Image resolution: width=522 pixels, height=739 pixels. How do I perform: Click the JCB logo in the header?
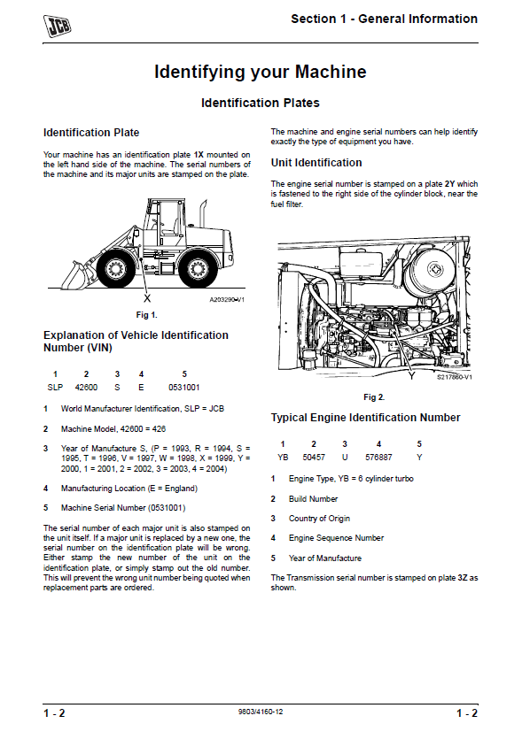(57, 26)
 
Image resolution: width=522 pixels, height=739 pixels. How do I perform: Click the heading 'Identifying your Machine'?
(260, 72)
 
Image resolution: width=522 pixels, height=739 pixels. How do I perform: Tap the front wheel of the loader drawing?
(114, 270)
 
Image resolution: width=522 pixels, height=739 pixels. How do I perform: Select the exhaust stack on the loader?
(203, 213)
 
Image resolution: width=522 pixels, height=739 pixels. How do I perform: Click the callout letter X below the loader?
(147, 298)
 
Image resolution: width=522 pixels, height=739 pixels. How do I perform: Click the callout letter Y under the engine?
(411, 376)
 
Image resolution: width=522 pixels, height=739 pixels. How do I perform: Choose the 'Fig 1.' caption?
(147, 315)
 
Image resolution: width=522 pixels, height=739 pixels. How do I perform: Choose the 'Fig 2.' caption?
(374, 397)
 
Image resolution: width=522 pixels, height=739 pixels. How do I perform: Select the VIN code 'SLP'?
(55, 388)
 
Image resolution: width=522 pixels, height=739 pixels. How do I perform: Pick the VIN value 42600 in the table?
(86, 388)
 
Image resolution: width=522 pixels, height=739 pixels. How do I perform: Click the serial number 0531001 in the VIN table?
(184, 388)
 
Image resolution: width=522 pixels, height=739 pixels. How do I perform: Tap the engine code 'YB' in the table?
(283, 458)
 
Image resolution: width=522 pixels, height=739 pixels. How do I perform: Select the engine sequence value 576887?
(378, 458)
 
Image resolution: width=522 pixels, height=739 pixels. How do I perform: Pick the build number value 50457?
(314, 458)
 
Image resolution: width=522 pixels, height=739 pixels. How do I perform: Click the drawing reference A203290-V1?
(227, 299)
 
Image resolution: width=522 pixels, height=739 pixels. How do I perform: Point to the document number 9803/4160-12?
(261, 712)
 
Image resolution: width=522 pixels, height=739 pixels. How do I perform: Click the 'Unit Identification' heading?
(316, 163)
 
